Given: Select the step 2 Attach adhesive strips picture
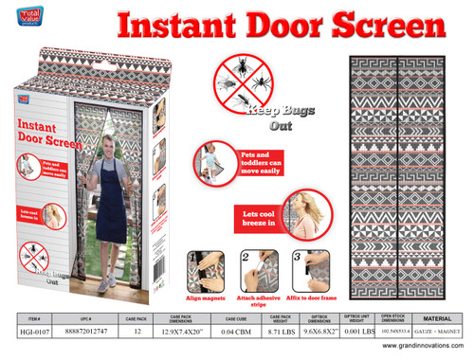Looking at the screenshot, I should (253, 268).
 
